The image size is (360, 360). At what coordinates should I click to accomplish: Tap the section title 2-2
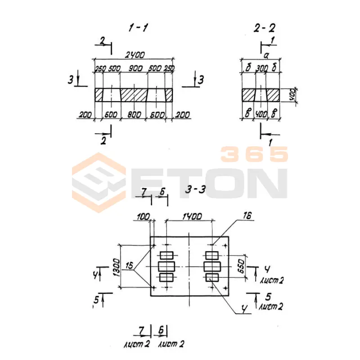click(264, 28)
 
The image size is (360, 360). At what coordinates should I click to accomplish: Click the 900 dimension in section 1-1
click(135, 68)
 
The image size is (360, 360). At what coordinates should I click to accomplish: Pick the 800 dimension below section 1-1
click(134, 115)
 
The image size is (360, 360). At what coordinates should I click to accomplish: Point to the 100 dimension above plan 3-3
click(142, 217)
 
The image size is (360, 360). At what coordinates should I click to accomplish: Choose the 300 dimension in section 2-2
click(261, 68)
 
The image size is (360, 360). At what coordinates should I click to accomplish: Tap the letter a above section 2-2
click(266, 55)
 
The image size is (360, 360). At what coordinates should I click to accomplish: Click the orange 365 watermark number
click(254, 154)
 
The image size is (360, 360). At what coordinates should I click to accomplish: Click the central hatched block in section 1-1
click(134, 94)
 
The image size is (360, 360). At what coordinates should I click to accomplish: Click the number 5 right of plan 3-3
click(268, 297)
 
